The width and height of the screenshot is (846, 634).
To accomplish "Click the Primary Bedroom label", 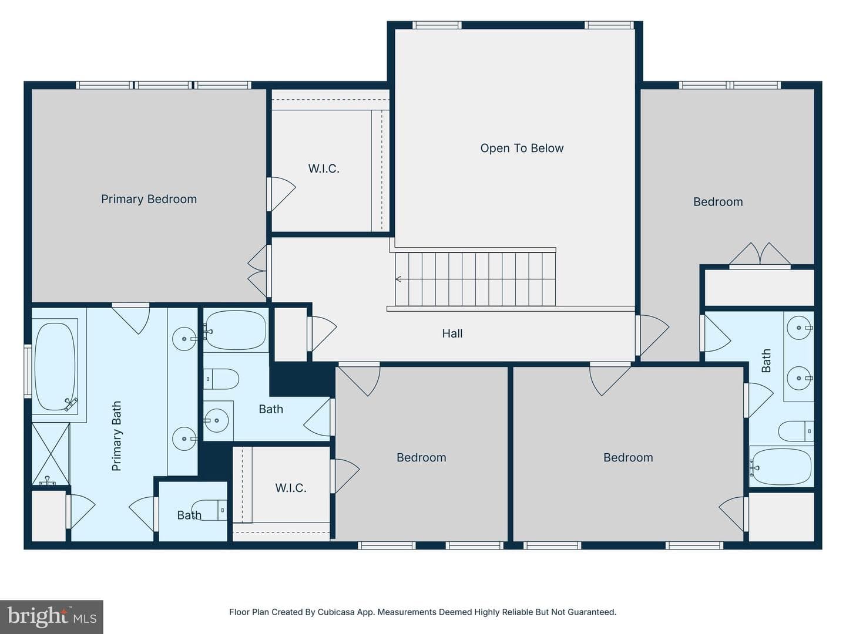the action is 149,199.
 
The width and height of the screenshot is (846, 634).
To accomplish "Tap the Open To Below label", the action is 522,148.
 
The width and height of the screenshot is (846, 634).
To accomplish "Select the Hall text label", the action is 452,333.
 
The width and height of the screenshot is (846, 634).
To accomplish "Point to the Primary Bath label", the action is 116,436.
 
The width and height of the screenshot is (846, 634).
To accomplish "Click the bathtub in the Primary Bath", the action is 55,367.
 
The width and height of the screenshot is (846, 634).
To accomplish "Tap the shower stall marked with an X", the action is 51,454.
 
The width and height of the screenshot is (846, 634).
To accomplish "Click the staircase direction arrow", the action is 398,279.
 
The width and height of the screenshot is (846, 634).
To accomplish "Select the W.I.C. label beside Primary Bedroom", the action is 324,168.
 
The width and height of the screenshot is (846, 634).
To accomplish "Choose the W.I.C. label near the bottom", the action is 291,488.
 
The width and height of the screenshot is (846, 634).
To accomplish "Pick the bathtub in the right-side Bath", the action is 781,467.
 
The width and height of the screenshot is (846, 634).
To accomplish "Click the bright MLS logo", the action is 52,616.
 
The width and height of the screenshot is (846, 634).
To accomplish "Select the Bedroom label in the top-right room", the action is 718,202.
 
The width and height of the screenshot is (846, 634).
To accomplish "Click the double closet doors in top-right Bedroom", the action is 760,255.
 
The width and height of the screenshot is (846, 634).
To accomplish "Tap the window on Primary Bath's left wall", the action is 28,371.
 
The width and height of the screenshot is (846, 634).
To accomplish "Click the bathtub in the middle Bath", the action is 236,330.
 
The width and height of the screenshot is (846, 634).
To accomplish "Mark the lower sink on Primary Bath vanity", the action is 184,439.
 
